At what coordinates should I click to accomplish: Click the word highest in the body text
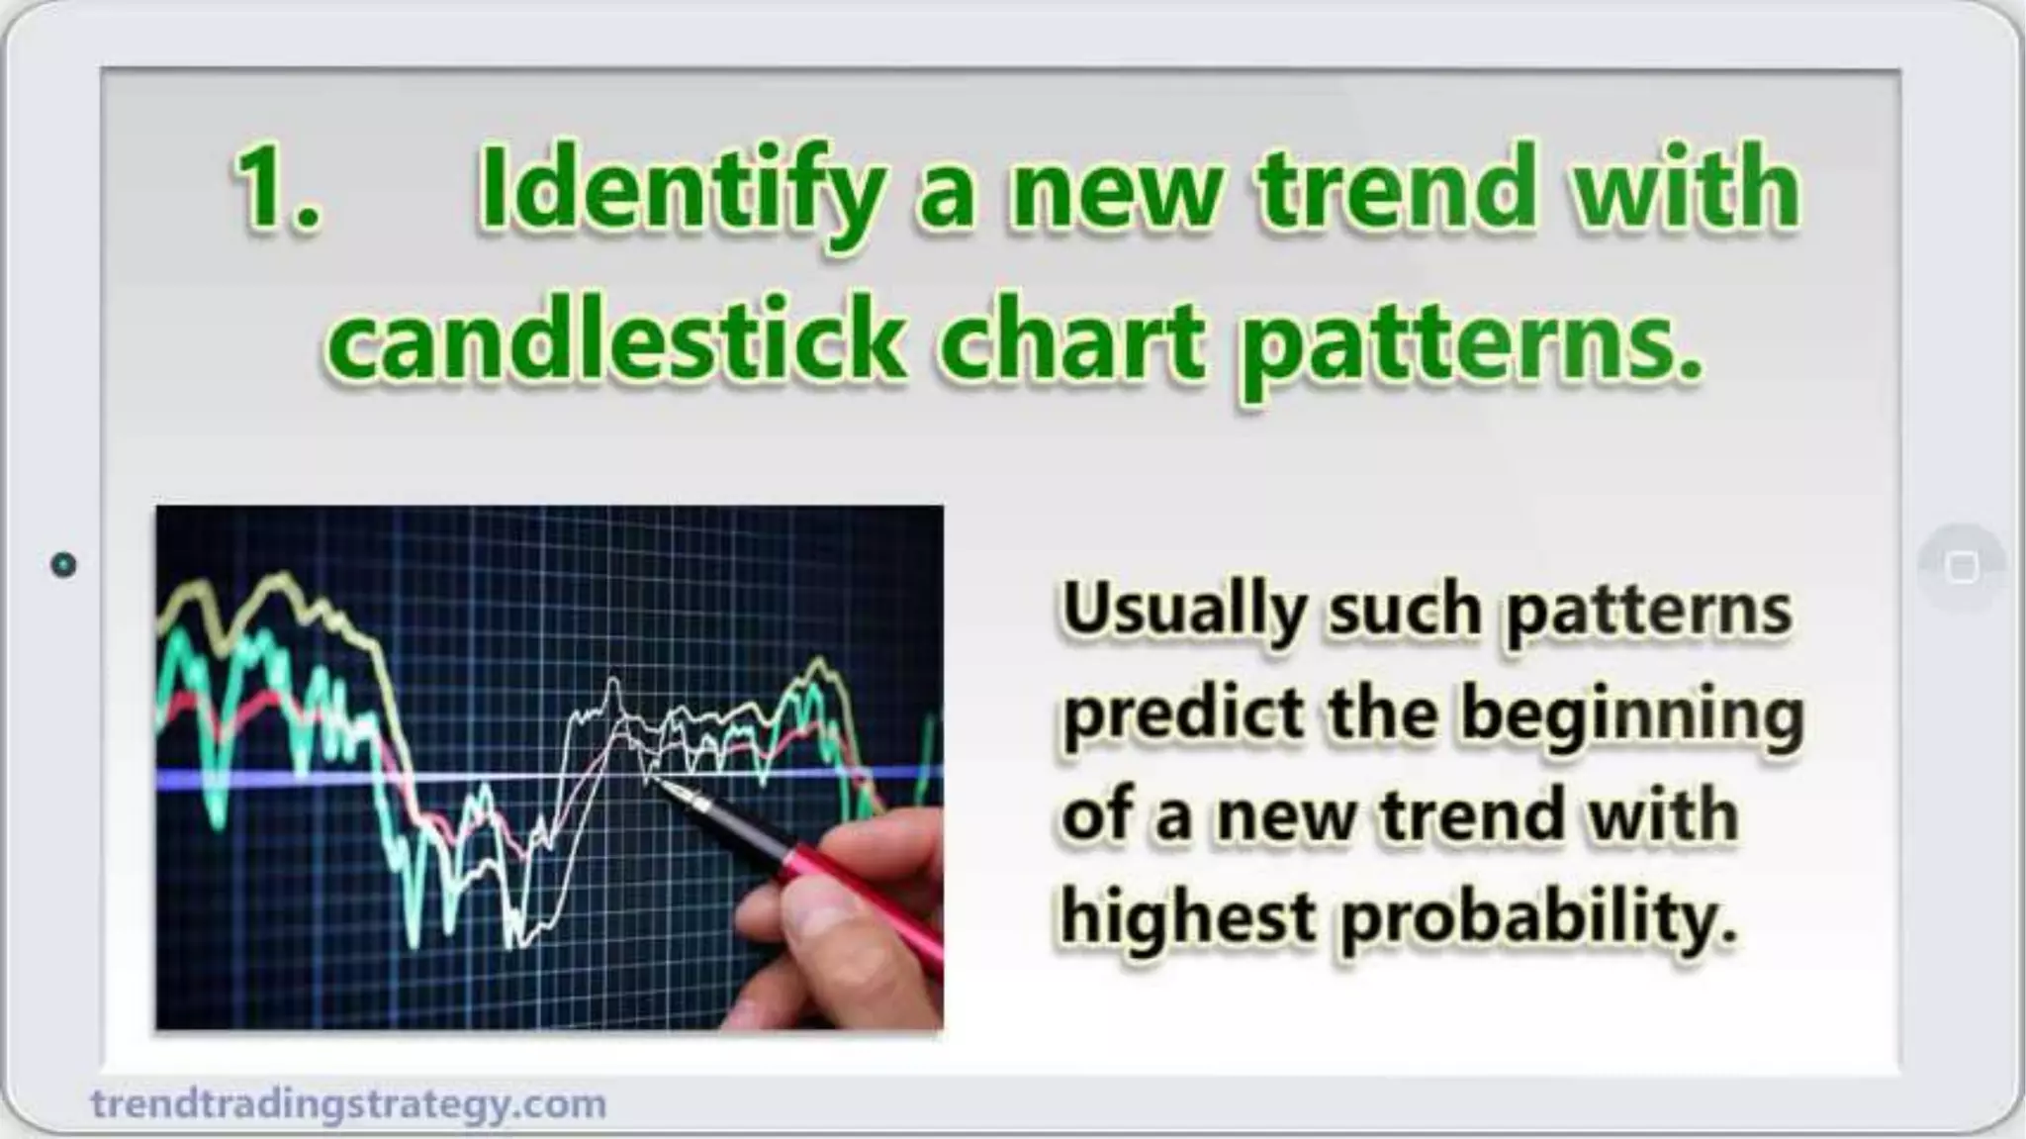click(x=1187, y=916)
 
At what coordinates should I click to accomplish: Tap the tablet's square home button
click(x=1962, y=567)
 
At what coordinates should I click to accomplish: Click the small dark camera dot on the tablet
click(x=63, y=565)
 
